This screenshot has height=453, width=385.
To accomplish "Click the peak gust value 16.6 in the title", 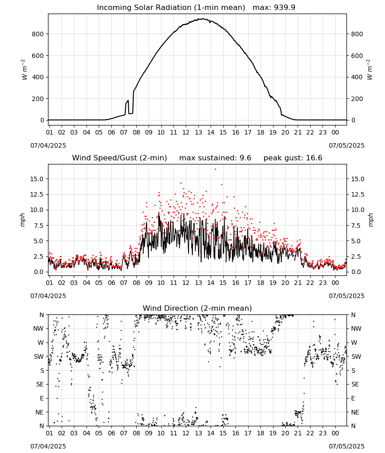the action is pos(313,158).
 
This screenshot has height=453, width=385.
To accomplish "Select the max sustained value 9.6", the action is pos(245,158).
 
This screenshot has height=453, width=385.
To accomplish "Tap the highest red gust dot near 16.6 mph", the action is pos(215,169).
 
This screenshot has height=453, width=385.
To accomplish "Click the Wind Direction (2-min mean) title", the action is pos(197,308).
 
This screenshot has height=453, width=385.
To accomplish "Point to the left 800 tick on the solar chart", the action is pos(38,34).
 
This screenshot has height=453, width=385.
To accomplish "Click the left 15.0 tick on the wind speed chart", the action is pos(37,179).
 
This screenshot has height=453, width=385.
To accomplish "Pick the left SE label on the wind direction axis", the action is pos(40,384).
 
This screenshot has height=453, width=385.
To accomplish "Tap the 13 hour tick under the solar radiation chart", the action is pos(198,133).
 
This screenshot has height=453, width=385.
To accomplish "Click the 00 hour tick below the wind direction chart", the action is pos(335,434).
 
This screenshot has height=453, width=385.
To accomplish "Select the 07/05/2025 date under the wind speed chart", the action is pos(346,296).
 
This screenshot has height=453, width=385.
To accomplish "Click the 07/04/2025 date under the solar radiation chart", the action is pos(48,145).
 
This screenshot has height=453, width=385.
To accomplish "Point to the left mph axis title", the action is pos(23,220).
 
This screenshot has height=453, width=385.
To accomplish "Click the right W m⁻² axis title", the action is pos(370,70).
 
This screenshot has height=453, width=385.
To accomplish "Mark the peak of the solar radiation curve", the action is pos(203,19).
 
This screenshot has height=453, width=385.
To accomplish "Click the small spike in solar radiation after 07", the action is pos(127,101).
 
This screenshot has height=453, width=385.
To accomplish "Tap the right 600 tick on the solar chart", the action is pos(357,56).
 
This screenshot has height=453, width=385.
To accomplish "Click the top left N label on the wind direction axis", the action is pos(42,315).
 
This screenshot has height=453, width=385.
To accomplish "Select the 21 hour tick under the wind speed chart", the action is pos(298,283).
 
